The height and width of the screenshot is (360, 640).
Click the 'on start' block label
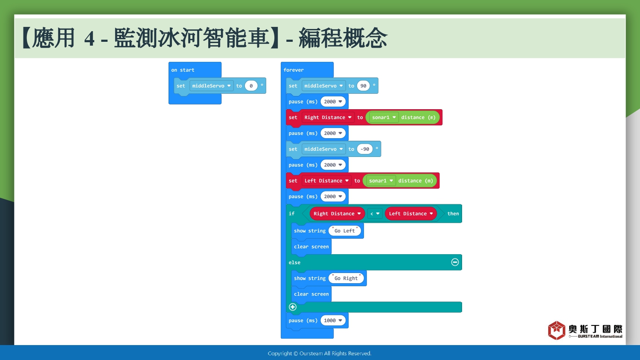pyautogui.click(x=183, y=70)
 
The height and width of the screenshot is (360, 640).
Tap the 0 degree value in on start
pyautogui.click(x=251, y=86)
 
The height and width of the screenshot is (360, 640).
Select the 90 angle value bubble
pyautogui.click(x=363, y=86)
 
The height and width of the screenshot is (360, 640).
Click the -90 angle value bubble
pyautogui.click(x=364, y=149)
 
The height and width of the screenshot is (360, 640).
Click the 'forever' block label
pyautogui.click(x=294, y=70)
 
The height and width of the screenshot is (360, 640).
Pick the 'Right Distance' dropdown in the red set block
pyautogui.click(x=328, y=117)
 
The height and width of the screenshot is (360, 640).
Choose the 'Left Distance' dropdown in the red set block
pyautogui.click(x=326, y=180)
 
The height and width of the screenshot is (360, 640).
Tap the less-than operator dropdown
pyautogui.click(x=375, y=214)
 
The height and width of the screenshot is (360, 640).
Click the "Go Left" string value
pyautogui.click(x=345, y=231)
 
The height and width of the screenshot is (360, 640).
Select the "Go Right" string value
pyautogui.click(x=346, y=278)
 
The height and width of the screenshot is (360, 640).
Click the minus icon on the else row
pyautogui.click(x=455, y=262)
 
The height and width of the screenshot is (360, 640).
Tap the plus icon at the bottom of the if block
pyautogui.click(x=293, y=307)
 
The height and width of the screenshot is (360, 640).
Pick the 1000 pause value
pyautogui.click(x=333, y=321)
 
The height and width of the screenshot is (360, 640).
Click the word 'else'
pyautogui.click(x=294, y=263)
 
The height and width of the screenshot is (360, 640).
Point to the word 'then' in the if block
pyautogui.click(x=453, y=214)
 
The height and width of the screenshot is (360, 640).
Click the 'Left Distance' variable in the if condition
pyautogui.click(x=410, y=214)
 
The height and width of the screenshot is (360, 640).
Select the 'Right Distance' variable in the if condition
pyautogui.click(x=337, y=214)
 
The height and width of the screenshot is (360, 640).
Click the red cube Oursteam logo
pyautogui.click(x=556, y=330)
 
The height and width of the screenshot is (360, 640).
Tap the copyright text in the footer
pyautogui.click(x=320, y=354)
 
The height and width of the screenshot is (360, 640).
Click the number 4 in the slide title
pyautogui.click(x=90, y=39)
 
